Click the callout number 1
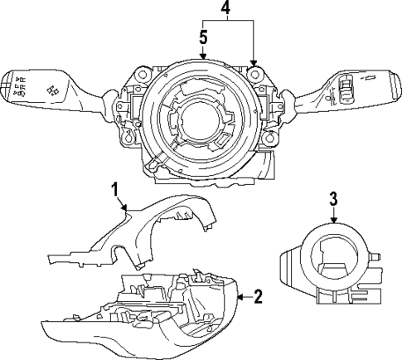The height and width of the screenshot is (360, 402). [118, 191]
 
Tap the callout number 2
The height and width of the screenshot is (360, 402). [259, 295]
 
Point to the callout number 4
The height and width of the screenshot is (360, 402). [226, 9]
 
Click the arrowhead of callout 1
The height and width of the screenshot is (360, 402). [127, 210]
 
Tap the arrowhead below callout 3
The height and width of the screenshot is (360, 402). [333, 224]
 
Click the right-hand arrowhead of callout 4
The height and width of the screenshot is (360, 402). [254, 63]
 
